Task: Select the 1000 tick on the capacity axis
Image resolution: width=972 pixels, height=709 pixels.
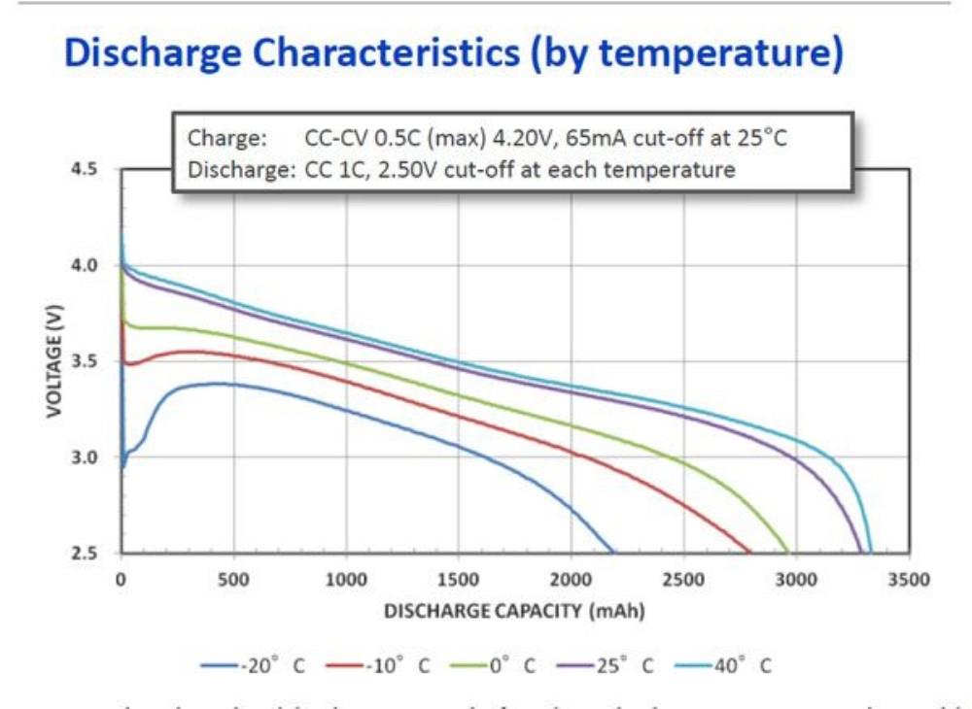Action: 346,580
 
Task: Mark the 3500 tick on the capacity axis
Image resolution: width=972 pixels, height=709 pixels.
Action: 909,580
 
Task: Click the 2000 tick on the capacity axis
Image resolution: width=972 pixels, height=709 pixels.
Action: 571,580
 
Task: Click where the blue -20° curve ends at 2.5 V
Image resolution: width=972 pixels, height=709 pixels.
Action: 613,552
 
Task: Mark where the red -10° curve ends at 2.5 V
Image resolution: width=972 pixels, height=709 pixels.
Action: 749,552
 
